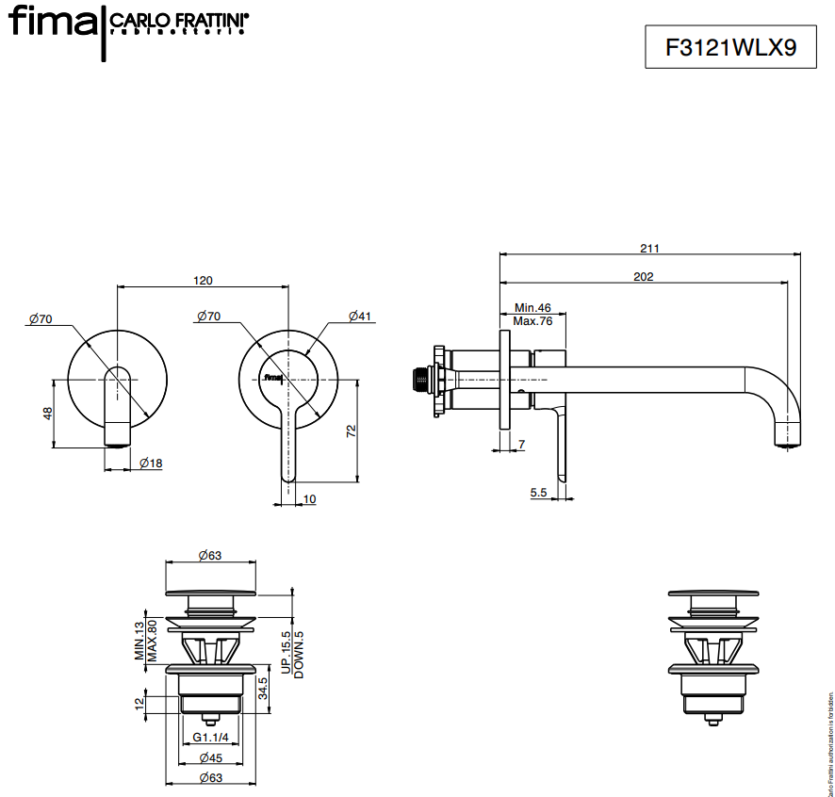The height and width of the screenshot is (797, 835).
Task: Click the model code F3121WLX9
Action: pyautogui.click(x=717, y=48)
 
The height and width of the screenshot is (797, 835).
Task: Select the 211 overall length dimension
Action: pyautogui.click(x=649, y=249)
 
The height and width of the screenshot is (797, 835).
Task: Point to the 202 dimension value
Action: pyautogui.click(x=644, y=277)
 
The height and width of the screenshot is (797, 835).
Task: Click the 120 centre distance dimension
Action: pyautogui.click(x=203, y=280)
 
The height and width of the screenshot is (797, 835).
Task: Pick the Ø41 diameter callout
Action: pyautogui.click(x=360, y=317)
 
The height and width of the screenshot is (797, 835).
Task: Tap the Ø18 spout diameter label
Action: pyautogui.click(x=151, y=463)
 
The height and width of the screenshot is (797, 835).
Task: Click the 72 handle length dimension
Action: pyautogui.click(x=351, y=431)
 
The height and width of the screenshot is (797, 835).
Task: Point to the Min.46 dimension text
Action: pyautogui.click(x=532, y=308)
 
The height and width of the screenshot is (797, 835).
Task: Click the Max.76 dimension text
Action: pyautogui.click(x=532, y=321)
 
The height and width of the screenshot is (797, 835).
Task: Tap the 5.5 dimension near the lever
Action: pyautogui.click(x=539, y=493)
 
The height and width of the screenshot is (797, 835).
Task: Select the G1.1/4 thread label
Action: pyautogui.click(x=211, y=736)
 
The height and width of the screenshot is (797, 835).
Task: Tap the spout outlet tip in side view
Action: pyautogui.click(x=788, y=436)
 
